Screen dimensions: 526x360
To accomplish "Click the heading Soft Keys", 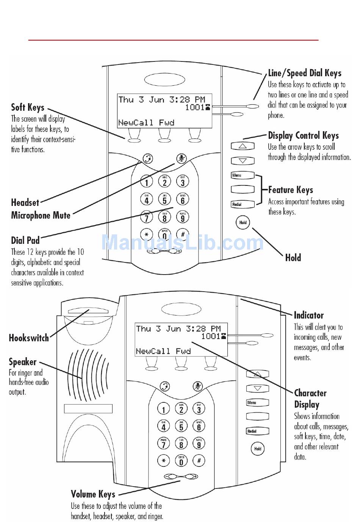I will point(28,107).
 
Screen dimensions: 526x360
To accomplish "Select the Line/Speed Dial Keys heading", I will point(305,73).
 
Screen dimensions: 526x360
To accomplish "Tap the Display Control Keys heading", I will point(303,135).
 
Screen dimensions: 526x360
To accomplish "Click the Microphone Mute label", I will point(41,215).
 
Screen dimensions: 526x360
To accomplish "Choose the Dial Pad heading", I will point(25,240).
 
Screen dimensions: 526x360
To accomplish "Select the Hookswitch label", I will point(29,338).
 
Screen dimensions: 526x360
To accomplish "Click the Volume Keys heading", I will point(93,494).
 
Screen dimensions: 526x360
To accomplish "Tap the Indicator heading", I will point(309,315).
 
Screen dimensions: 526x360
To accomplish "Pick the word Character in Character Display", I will point(310,393).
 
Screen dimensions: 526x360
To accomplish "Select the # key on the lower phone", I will point(199,461).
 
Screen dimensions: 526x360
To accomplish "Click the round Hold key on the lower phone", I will point(258,449).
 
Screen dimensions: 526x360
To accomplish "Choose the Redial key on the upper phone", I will point(243,204).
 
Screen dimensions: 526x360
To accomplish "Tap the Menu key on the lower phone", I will point(257,403).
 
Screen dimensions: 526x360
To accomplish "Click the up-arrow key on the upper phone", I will point(243,146).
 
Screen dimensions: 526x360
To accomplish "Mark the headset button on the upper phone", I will point(148,159).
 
